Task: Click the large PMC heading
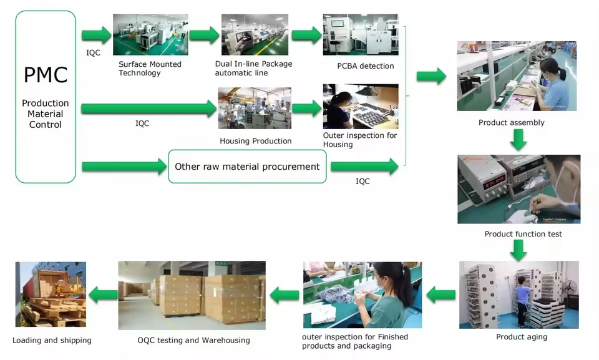[x=46, y=74]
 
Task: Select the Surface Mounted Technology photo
[x=150, y=35]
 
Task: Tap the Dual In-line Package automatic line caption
[x=254, y=69]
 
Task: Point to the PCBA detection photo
[x=361, y=35]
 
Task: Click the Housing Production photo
[x=255, y=108]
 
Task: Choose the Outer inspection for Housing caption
[x=360, y=140]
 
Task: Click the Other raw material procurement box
[x=247, y=166]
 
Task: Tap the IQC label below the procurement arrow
[x=363, y=181]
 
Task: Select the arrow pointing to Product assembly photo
[x=431, y=76]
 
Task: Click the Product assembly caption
[x=511, y=123]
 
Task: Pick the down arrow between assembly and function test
[x=519, y=140]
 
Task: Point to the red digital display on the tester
[x=494, y=182]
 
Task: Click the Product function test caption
[x=523, y=234]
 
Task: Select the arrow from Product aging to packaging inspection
[x=441, y=294]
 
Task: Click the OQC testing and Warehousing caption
[x=193, y=340]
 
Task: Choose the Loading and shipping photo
[x=51, y=294]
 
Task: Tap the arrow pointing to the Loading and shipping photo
[x=103, y=294]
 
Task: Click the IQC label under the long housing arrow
[x=142, y=124]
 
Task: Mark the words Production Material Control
[x=46, y=114]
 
